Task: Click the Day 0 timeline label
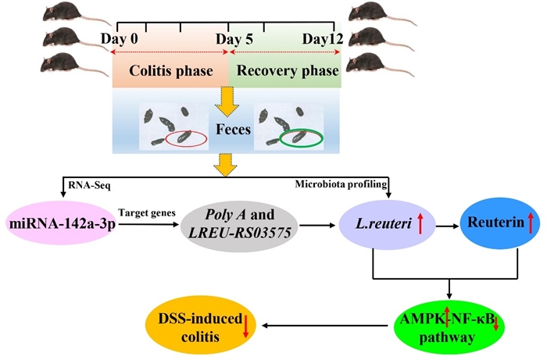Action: tap(122, 38)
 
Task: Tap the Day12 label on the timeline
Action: tap(323, 38)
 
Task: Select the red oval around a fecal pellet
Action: tap(186, 139)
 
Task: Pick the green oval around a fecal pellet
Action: tap(301, 138)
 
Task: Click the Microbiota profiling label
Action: tap(334, 186)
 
